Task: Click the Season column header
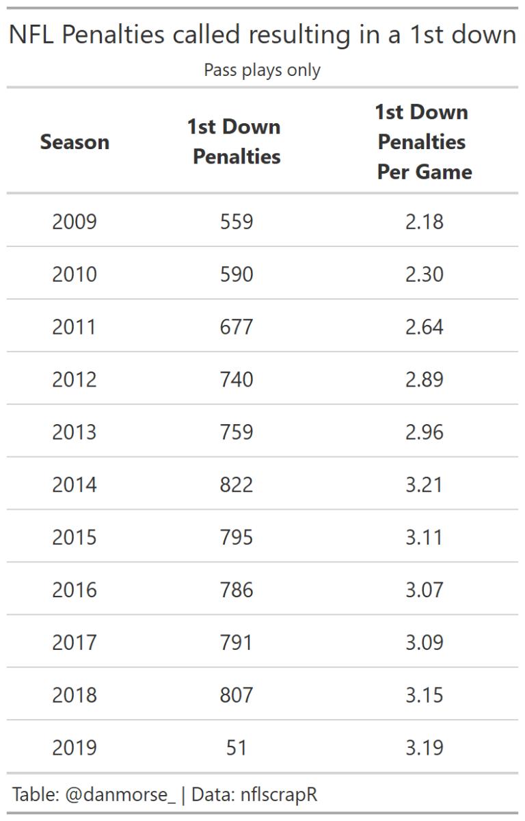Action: coord(75,142)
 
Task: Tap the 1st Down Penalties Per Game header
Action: coord(424,142)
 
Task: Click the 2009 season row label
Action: coord(75,222)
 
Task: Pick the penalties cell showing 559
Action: coord(237,222)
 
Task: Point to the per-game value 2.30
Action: coord(424,274)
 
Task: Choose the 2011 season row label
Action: coord(75,327)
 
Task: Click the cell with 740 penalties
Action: coord(237,380)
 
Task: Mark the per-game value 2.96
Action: coord(424,432)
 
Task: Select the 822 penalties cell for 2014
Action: coord(237,485)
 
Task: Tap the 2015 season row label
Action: coord(75,537)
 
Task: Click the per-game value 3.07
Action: coord(424,590)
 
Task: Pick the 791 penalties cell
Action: coord(237,642)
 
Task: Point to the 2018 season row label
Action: coord(75,695)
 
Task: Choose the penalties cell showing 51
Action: coord(237,748)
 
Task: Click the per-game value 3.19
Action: coord(424,748)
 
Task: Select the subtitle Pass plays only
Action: coord(262,70)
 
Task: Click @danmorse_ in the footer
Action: coord(120,794)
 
